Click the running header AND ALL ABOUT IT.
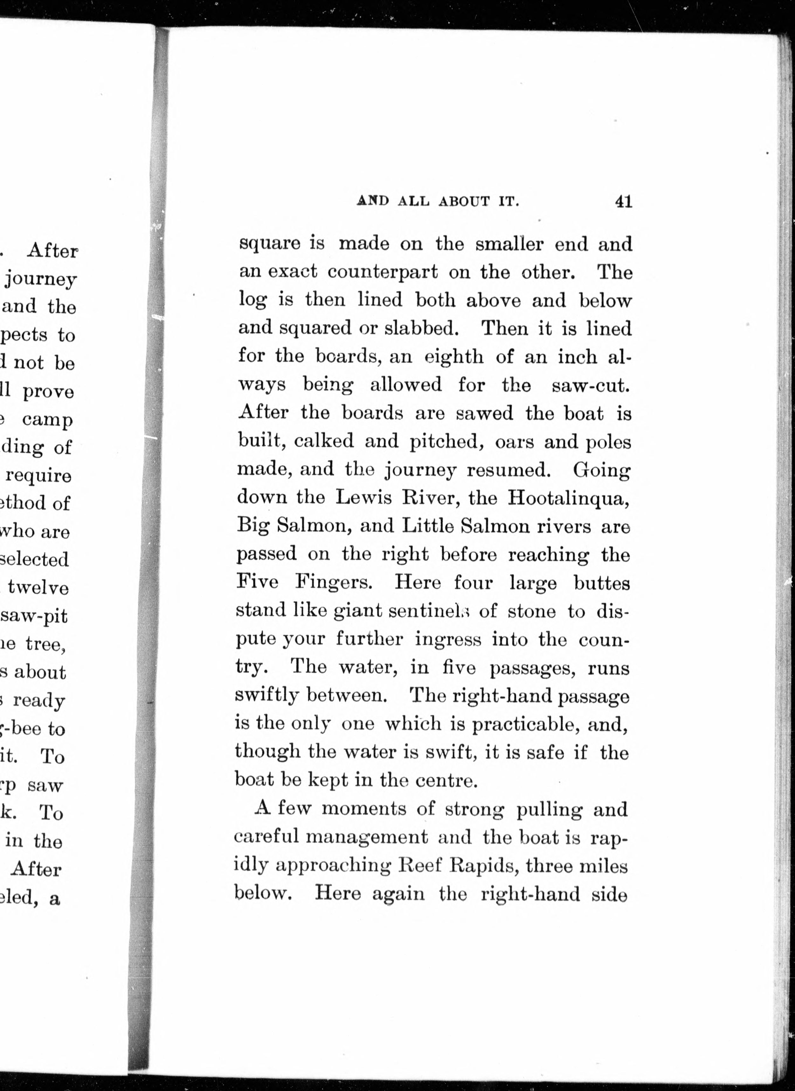438,202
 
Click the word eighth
454,357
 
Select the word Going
601,470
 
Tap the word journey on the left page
41,280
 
